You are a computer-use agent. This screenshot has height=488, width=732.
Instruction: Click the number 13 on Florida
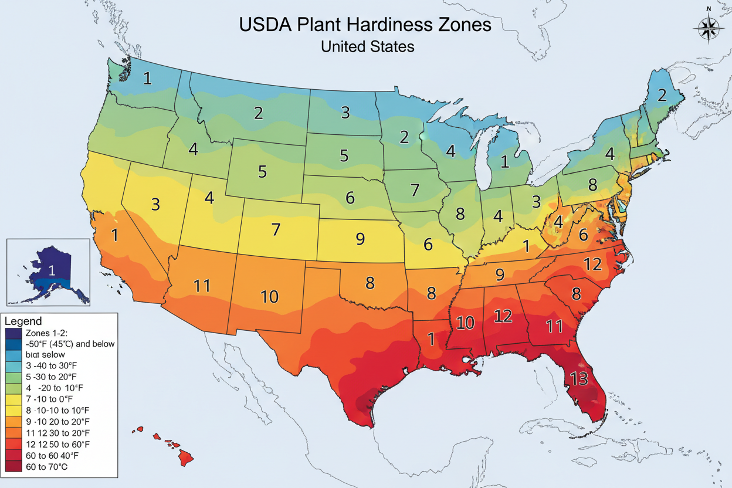coord(578,379)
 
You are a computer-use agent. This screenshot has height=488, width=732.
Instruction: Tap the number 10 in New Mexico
coord(269,297)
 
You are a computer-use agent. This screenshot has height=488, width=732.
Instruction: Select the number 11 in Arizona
coord(202,286)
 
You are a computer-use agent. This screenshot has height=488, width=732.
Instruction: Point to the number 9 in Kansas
coord(360,239)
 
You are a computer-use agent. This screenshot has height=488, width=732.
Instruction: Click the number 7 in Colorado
coord(276,229)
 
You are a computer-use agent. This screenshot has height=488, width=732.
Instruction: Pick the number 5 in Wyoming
coord(262,172)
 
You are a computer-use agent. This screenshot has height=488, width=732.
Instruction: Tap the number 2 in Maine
coord(662,95)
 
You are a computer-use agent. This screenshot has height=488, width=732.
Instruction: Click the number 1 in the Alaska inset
coord(52,270)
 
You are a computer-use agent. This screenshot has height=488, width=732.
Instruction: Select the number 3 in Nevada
coord(155,205)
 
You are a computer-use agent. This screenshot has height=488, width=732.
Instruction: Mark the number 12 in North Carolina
coord(593,265)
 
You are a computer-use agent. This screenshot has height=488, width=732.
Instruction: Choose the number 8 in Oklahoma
coord(370,283)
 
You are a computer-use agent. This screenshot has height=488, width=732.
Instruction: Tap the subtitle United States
coord(367,46)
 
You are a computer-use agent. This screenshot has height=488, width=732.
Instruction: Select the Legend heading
coord(23,321)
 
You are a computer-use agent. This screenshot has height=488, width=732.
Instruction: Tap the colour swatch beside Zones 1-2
coord(13,333)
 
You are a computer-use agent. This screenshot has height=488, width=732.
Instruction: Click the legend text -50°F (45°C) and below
coord(70,344)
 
